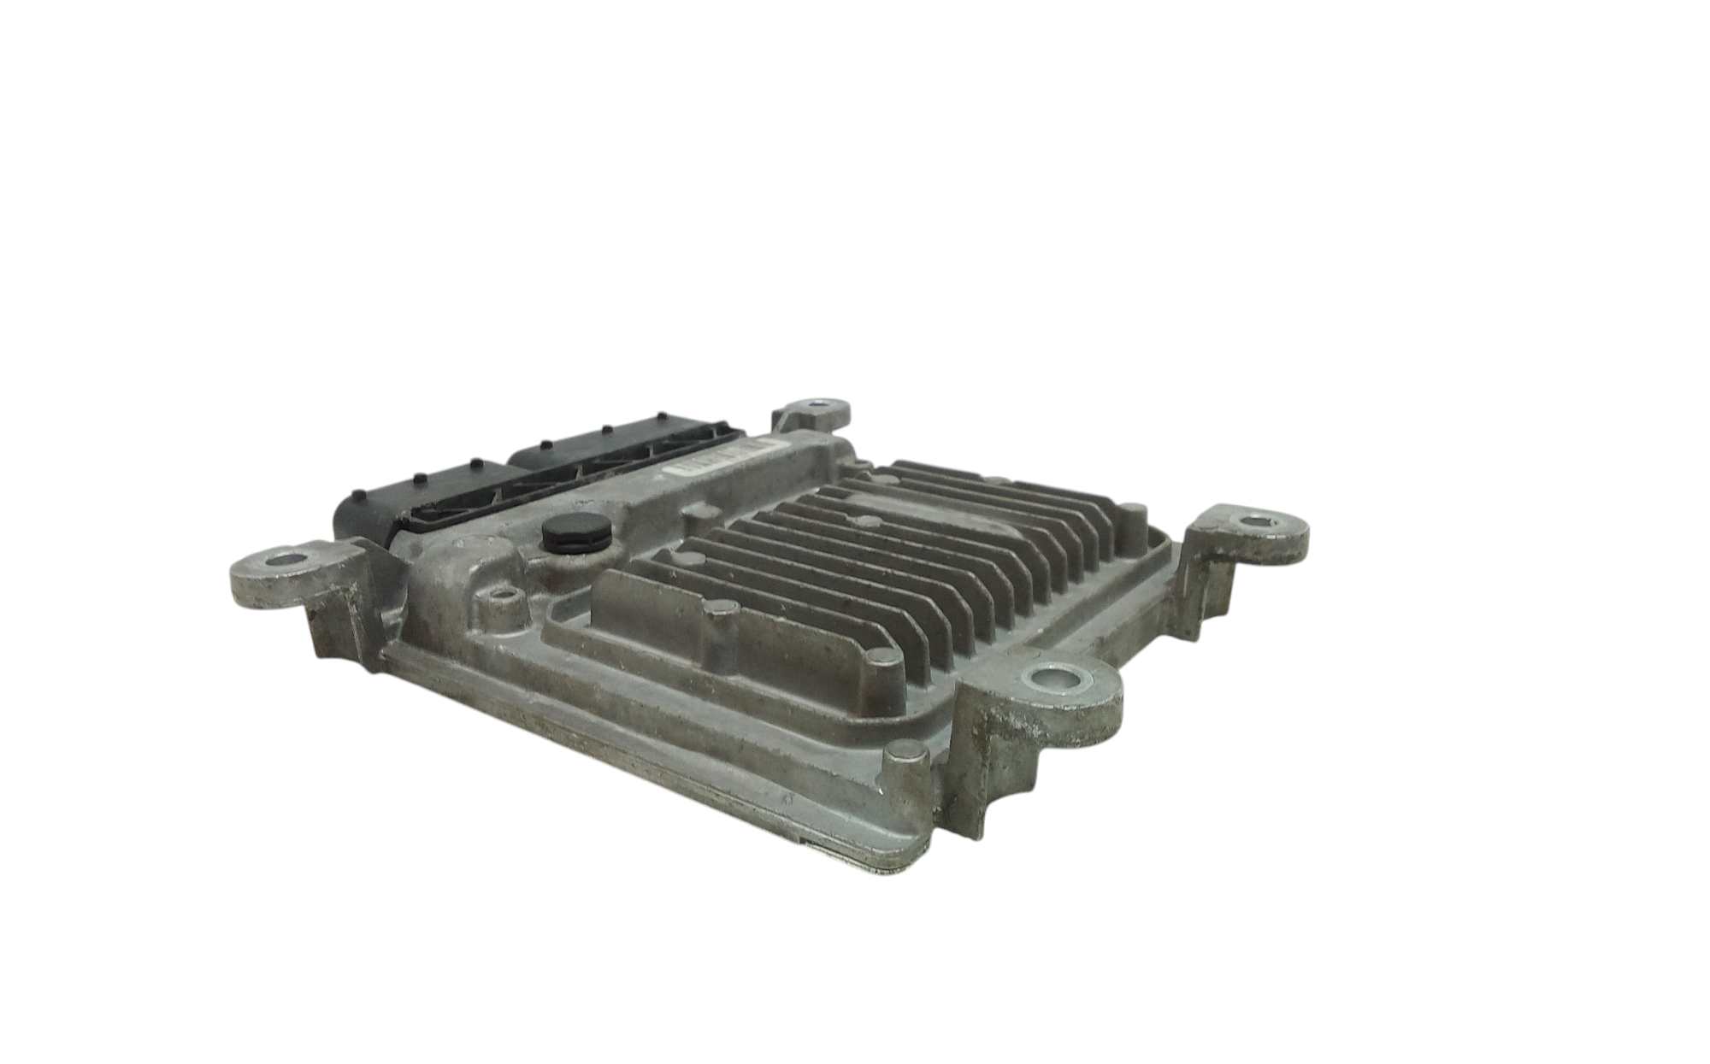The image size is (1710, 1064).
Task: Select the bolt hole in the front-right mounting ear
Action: point(1058,682)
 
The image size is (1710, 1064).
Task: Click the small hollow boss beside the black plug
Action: point(501,603)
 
